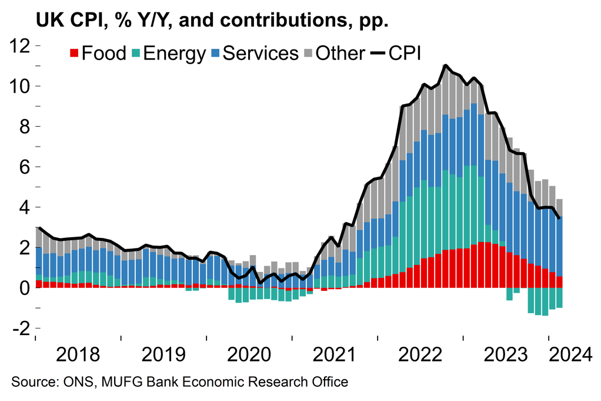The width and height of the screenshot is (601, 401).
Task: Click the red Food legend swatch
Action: [75, 54]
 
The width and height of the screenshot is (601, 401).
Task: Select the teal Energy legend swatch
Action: [136, 54]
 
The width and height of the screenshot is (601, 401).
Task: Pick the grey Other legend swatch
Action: [308, 54]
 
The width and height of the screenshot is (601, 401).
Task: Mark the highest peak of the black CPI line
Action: [446, 65]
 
